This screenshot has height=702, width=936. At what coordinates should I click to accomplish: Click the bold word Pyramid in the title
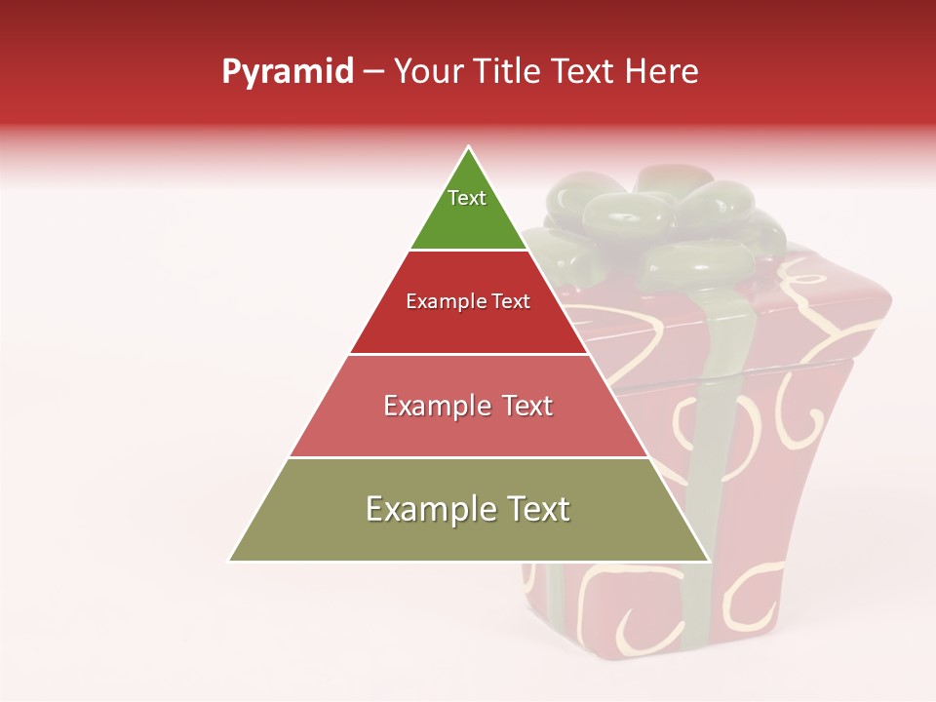[x=288, y=72]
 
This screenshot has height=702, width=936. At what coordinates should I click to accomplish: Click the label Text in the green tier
[x=467, y=198]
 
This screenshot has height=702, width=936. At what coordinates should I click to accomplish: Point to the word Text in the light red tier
[x=522, y=406]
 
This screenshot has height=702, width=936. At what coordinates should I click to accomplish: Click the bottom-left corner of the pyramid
[x=230, y=561]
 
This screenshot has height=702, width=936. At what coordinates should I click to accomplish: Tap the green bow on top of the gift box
[x=673, y=219]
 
